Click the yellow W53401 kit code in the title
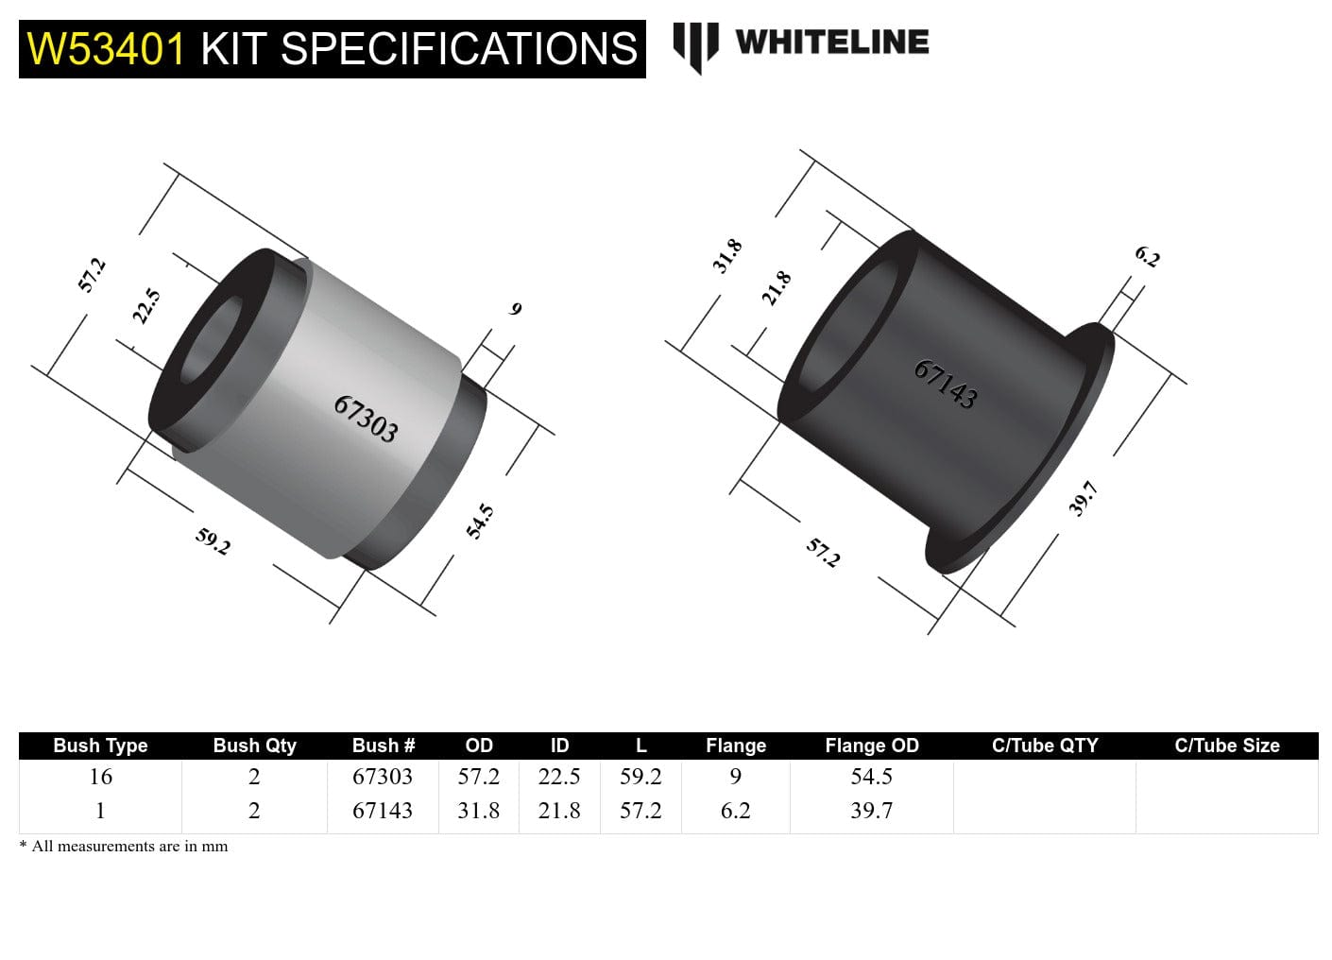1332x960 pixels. pyautogui.click(x=106, y=49)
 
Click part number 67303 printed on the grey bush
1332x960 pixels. pyautogui.click(x=366, y=419)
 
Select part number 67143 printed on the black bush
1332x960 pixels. pyautogui.click(x=945, y=384)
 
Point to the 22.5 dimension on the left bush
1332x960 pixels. pyautogui.click(x=146, y=306)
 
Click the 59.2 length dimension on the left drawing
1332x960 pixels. pyautogui.click(x=213, y=541)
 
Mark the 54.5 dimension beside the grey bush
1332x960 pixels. pyautogui.click(x=480, y=522)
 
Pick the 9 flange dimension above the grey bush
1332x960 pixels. pyautogui.click(x=515, y=309)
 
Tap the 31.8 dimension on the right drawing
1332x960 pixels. pyautogui.click(x=726, y=256)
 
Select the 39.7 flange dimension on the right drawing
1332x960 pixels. pyautogui.click(x=1083, y=498)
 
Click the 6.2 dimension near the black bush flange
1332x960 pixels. pyautogui.click(x=1147, y=256)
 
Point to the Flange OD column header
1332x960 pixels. pyautogui.click(x=871, y=746)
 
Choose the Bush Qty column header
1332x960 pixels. pyautogui.click(x=254, y=746)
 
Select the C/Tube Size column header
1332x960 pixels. pyautogui.click(x=1226, y=746)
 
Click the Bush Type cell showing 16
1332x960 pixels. pyautogui.click(x=100, y=777)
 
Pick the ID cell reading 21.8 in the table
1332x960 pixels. pyautogui.click(x=559, y=811)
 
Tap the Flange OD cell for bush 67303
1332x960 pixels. pyautogui.click(x=871, y=777)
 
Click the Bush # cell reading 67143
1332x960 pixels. pyautogui.click(x=383, y=811)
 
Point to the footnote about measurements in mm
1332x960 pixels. pyautogui.click(x=124, y=847)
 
